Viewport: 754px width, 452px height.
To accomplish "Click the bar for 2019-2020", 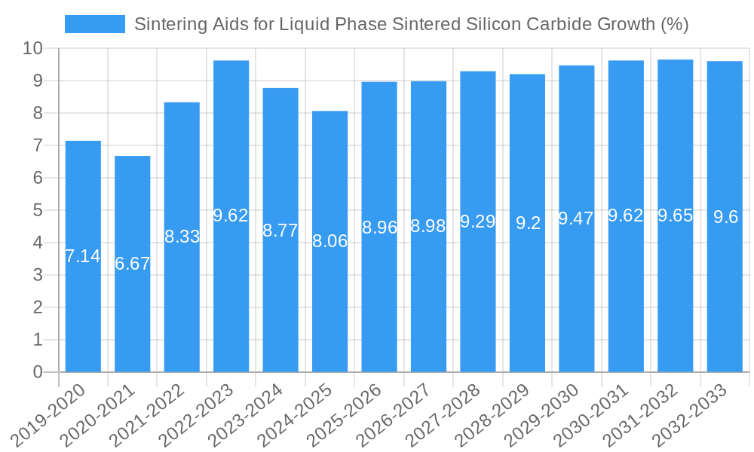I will point(83,256).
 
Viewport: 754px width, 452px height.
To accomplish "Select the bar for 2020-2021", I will point(133,264).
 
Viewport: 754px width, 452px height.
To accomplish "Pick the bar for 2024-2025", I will point(329,241).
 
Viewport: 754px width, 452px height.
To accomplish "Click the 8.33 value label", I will point(182,237).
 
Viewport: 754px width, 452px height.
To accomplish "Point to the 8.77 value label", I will point(280,231).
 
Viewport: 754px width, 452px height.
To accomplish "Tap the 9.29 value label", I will point(477,221).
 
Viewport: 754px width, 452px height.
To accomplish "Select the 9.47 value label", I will point(576,218).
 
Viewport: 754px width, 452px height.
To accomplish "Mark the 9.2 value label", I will point(527,223).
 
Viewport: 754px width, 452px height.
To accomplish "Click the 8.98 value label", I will point(428,226).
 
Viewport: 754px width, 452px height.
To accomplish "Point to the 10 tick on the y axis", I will point(32,49).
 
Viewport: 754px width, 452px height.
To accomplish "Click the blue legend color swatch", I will point(95,24).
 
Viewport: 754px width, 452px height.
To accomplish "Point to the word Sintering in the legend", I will point(167,24).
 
